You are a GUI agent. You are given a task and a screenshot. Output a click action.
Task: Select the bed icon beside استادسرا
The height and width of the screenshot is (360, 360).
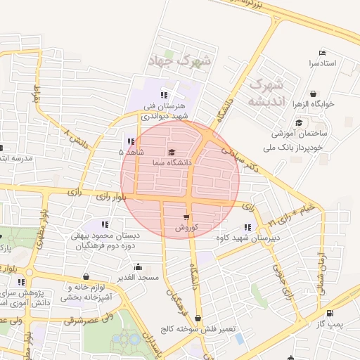coord(322,53)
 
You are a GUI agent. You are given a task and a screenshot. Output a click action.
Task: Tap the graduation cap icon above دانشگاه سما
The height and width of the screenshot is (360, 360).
coord(172,152)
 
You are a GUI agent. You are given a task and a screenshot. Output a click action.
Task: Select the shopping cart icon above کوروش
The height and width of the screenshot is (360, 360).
coord(186,217)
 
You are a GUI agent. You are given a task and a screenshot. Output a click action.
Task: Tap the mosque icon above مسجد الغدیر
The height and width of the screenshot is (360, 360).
coord(137,267)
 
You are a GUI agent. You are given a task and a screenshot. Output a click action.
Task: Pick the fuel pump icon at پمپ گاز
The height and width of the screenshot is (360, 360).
coord(330,313)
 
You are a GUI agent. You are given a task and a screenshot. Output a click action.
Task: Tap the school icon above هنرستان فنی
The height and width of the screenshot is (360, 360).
coord(164,95)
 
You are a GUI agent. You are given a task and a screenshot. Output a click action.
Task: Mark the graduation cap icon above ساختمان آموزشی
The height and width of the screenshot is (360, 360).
coord(299,123)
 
